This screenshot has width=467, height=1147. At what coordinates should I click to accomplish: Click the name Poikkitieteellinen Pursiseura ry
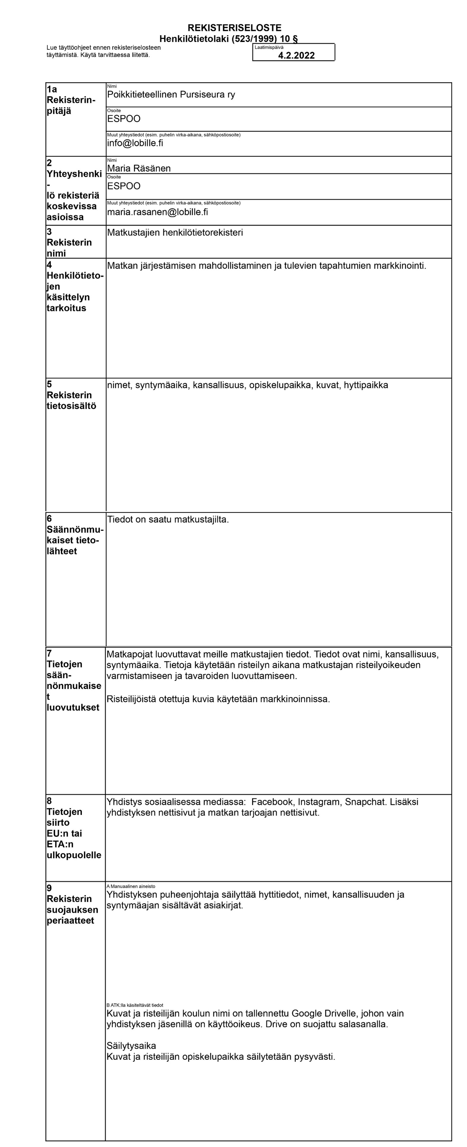(171, 95)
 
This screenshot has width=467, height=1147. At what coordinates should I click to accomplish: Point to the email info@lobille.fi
(135, 143)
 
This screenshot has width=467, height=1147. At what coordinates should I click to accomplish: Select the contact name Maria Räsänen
(139, 168)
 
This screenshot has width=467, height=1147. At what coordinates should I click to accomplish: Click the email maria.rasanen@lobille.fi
(157, 212)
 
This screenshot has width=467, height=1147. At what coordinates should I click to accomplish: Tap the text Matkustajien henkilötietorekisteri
(175, 232)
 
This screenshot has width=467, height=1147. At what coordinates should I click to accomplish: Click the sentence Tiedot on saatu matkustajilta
(168, 519)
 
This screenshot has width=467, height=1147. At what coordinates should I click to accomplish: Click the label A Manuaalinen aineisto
(130, 887)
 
